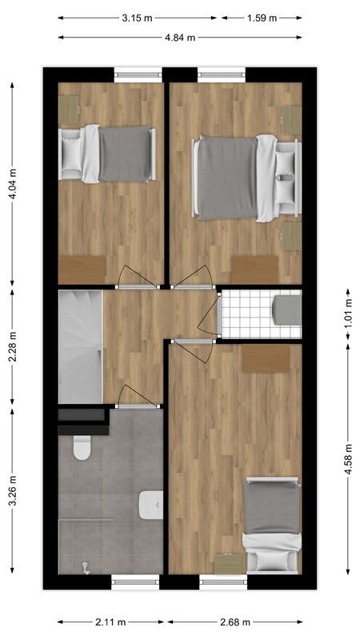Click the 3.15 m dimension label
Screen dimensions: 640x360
(137, 18)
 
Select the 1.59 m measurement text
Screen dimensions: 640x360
(262, 18)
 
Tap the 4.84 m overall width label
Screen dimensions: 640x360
(181, 37)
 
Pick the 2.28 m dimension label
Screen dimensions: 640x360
(12, 347)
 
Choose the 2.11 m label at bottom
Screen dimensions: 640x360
(110, 622)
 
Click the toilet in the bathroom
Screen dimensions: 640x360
(82, 448)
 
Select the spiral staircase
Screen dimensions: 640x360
(80, 346)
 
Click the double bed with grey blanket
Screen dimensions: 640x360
(236, 178)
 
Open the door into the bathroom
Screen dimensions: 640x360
(136, 396)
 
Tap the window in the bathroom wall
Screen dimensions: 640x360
(136, 582)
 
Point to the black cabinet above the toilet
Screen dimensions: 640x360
(82, 422)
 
